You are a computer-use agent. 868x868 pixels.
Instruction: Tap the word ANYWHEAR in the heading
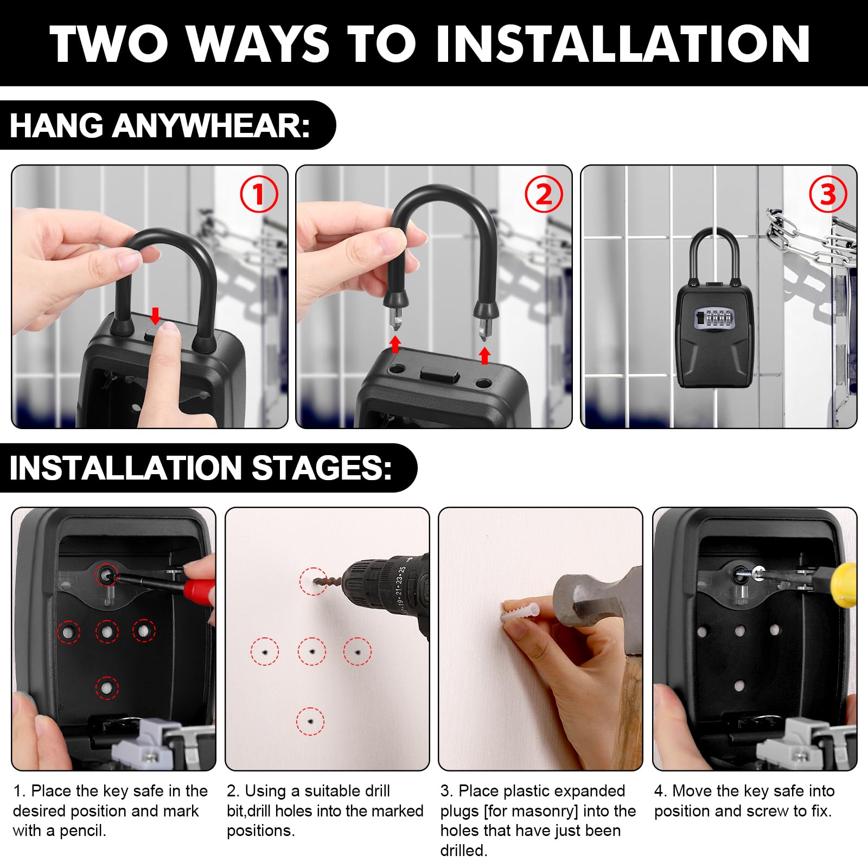click(211, 126)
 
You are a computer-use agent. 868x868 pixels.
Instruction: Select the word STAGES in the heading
click(321, 468)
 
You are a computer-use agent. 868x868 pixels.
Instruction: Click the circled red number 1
click(259, 194)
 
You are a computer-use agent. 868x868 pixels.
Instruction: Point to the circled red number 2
click(543, 194)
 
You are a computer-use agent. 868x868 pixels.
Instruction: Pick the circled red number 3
click(828, 194)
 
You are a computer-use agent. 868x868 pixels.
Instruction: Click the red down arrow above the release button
click(156, 316)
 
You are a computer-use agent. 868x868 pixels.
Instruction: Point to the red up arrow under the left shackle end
click(395, 344)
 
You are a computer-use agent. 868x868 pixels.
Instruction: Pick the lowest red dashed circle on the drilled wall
click(310, 722)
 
